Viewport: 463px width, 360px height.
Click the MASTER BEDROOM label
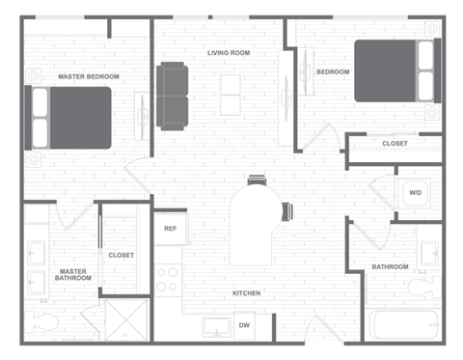point(89,76)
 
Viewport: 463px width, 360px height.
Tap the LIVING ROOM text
point(229,52)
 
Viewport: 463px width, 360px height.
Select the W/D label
point(416,193)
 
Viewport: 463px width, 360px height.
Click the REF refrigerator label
point(171,229)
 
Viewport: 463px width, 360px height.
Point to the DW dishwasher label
point(245,326)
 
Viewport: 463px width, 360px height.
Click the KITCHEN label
point(246,292)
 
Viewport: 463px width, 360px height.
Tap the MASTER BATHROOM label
point(72,275)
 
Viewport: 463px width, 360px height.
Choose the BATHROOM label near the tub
point(390,266)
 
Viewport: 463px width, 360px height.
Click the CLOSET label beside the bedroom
point(395,144)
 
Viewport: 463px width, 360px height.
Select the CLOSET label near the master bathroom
point(122,255)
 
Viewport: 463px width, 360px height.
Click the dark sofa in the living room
point(174,96)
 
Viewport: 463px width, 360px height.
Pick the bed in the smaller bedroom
point(396,70)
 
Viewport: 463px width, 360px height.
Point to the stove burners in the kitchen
point(168,279)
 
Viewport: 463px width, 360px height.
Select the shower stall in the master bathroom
point(124,319)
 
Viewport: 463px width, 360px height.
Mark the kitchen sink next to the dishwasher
point(216,325)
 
